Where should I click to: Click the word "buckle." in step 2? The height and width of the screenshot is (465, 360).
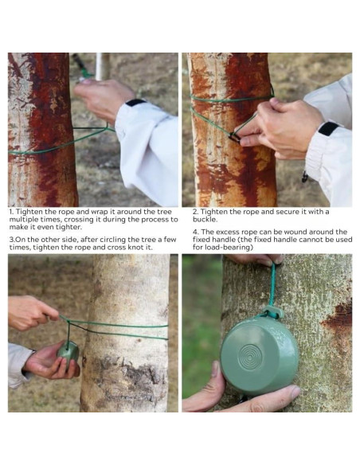[205, 220]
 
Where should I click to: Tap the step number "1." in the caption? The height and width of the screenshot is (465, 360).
[11, 212]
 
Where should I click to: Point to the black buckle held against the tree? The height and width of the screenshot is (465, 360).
[234, 137]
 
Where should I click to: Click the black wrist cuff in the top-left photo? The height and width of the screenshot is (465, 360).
[135, 102]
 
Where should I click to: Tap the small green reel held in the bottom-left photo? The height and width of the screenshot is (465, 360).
[68, 352]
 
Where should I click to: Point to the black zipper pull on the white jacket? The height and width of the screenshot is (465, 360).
[304, 177]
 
